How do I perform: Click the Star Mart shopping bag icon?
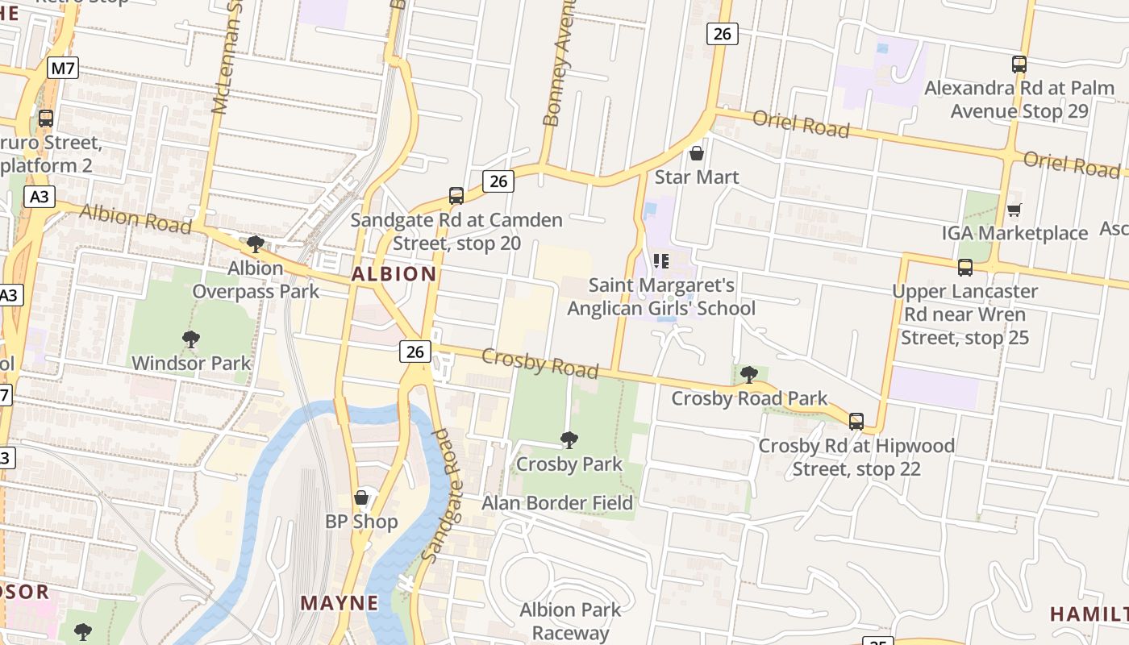point(697,153)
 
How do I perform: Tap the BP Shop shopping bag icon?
point(361,497)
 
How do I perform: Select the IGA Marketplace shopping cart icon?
point(1014,210)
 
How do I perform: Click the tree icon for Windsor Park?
point(191,339)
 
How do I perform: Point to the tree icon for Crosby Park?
point(569,440)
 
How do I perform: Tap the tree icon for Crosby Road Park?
point(748,374)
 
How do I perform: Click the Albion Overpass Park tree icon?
point(256,243)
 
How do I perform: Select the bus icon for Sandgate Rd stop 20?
point(456,196)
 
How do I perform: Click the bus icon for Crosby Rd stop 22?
point(856,421)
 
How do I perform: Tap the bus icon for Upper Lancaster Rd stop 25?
point(964,267)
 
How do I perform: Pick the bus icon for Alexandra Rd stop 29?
point(1019,64)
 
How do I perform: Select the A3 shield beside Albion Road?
point(39,197)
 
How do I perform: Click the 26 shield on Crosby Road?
point(415,352)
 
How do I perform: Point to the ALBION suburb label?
point(394,274)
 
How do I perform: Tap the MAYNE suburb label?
point(340,603)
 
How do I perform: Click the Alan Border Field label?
point(557,503)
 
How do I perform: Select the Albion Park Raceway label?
point(570,621)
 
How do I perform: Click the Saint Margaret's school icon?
point(661,261)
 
